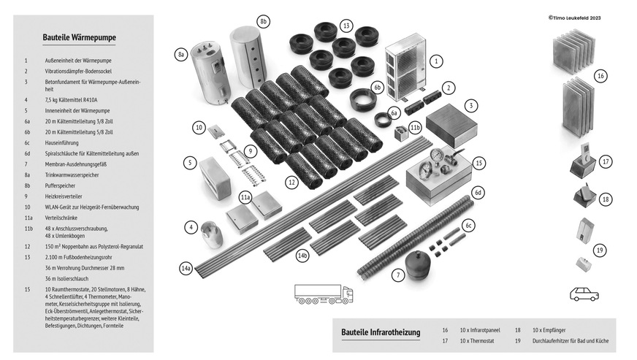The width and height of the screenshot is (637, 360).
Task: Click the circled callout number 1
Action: tap(435, 61)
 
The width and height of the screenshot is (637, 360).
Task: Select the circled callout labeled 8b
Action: tap(263, 21)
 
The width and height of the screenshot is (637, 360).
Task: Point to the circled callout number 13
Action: tap(346, 26)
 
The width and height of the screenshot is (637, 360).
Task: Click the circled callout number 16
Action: tap(600, 76)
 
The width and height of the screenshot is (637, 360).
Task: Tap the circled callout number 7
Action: tap(397, 275)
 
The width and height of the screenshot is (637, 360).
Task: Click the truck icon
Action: tap(323, 294)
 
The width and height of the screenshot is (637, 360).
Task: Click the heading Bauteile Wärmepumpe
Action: tap(80, 37)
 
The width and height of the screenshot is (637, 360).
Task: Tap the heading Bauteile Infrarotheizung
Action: tap(381, 333)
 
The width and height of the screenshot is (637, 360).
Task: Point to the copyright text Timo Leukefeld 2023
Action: tap(580, 18)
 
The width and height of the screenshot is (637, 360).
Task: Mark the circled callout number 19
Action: tap(600, 250)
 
